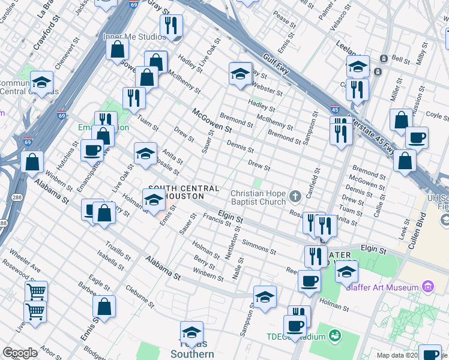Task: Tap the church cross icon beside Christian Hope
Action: [295, 196]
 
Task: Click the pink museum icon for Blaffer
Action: [427, 287]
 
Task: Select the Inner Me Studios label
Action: [134, 37]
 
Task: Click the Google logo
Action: [20, 353]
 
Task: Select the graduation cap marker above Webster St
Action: [240, 74]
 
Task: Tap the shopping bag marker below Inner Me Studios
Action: [117, 48]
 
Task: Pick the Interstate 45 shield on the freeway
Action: [334, 109]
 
